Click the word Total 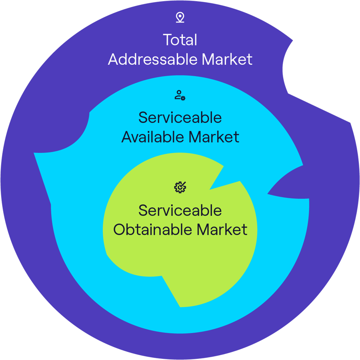(180, 40)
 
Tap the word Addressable (153, 59)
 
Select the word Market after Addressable (227, 59)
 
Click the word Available (153, 137)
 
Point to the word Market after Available (214, 137)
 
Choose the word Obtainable (153, 230)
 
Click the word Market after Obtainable (222, 230)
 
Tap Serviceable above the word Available (180, 118)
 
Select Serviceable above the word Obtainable (180, 210)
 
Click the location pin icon (180, 18)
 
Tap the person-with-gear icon (180, 95)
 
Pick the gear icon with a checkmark (180, 187)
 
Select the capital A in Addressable (114, 60)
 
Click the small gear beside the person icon (183, 98)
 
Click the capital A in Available (127, 137)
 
